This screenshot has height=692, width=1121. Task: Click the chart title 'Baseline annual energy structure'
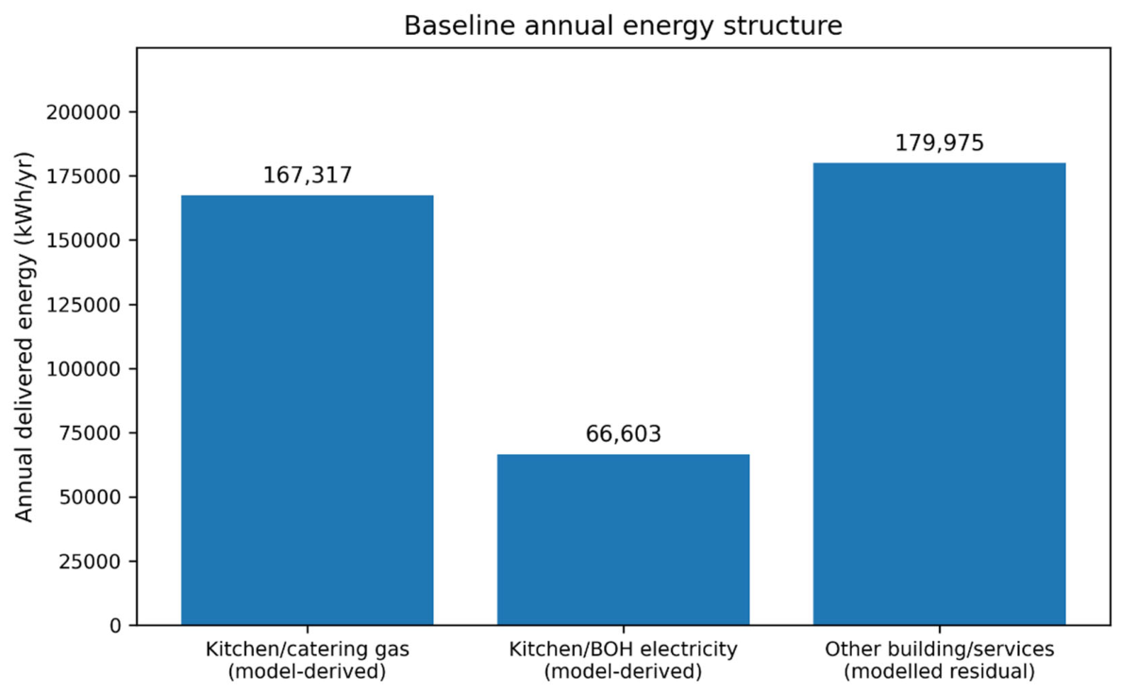coord(623,25)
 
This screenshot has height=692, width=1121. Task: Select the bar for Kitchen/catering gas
coord(308,410)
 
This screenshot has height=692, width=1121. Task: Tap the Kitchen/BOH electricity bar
coord(624,540)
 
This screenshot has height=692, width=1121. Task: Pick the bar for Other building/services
coord(940,395)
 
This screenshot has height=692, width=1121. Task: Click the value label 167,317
coord(308,176)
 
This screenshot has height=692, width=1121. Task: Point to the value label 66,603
coord(624,433)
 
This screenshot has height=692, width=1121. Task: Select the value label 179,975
coord(940,143)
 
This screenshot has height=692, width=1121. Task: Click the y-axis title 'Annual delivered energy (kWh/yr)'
coord(25,337)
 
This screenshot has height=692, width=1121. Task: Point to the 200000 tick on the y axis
coord(84,112)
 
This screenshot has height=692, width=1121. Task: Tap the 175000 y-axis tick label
coord(84,176)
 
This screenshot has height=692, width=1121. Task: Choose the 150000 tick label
coord(84,241)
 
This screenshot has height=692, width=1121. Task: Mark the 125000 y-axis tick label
coord(84,305)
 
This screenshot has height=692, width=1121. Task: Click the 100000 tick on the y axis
coord(84,368)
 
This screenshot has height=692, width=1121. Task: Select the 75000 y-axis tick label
coord(90,433)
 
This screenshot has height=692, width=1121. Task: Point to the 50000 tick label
coord(90,498)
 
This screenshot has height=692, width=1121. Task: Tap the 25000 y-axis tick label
coord(90,562)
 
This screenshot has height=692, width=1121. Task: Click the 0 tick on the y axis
coord(116,626)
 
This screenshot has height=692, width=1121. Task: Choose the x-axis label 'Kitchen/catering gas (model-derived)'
coord(308,661)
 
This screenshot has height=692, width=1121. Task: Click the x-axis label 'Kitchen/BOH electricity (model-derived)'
coord(624,661)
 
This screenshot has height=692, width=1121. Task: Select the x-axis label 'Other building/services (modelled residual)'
coord(940,661)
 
